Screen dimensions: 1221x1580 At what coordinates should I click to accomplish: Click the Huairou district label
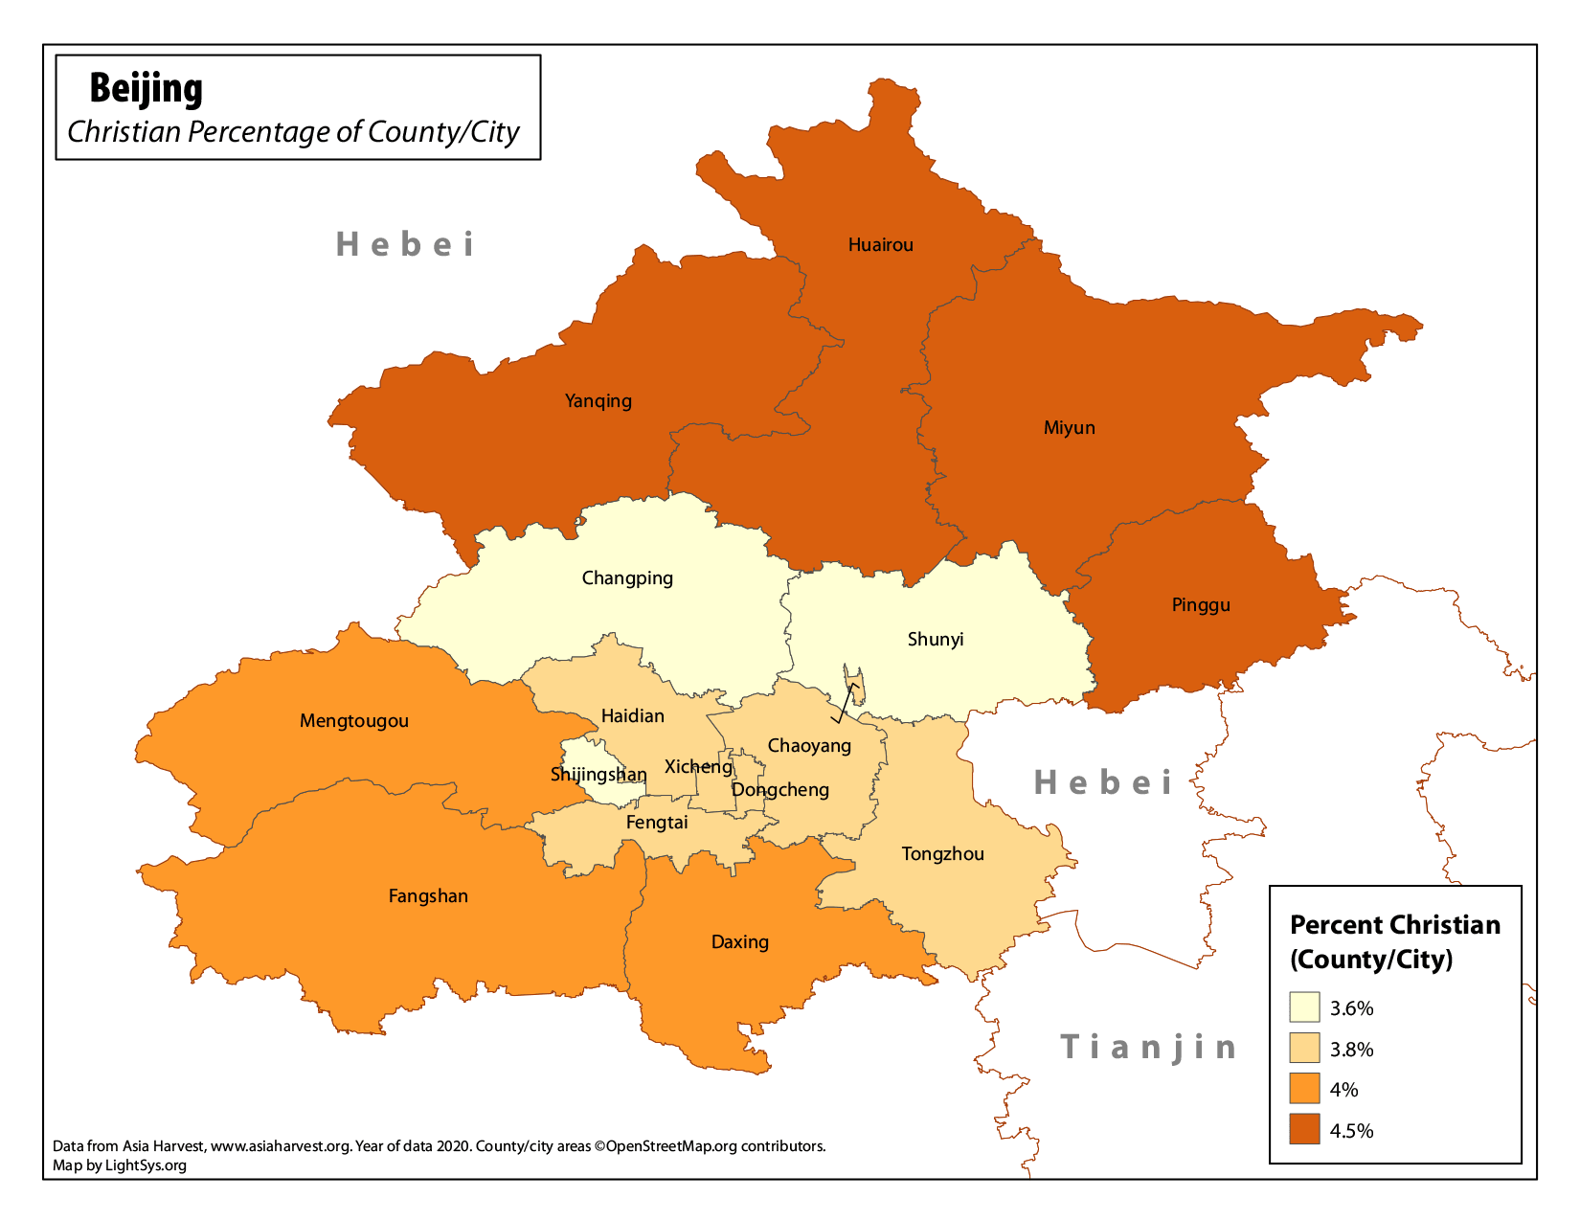[880, 245]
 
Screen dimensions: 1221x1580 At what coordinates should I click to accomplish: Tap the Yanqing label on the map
[598, 401]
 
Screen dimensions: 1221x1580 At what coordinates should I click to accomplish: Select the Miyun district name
[1069, 428]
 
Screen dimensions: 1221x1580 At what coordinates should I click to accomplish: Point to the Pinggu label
[1200, 605]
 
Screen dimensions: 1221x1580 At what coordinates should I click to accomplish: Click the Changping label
[627, 578]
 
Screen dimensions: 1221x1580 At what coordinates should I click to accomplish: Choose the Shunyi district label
[935, 640]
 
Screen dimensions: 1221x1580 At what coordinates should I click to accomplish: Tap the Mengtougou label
[353, 721]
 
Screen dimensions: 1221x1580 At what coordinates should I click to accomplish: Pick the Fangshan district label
[428, 896]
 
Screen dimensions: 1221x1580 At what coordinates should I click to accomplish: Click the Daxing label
[739, 942]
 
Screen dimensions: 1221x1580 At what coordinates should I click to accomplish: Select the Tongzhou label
[942, 854]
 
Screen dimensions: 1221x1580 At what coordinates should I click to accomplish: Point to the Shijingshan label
[598, 775]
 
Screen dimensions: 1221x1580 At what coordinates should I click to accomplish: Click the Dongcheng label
[779, 790]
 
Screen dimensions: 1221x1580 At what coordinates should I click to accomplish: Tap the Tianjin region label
[1148, 1047]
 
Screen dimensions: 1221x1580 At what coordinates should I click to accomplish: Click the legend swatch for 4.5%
[1304, 1130]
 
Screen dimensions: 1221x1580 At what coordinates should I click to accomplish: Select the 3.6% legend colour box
[1304, 1007]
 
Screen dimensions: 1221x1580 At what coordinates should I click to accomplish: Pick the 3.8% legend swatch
[1304, 1049]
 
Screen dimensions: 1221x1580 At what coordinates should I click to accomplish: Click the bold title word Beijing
[146, 88]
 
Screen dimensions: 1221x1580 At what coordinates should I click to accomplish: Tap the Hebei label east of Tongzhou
[1102, 783]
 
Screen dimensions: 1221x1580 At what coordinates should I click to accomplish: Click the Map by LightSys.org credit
[120, 1165]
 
